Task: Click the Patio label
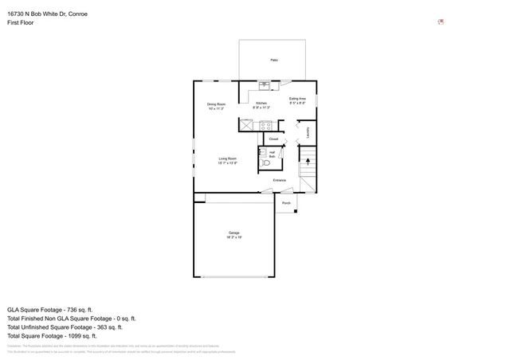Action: (273, 60)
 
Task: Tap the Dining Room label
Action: (216, 104)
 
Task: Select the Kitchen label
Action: (261, 104)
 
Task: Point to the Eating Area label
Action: (297, 99)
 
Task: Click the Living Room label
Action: (228, 158)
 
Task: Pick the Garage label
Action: (233, 233)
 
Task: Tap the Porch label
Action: (286, 203)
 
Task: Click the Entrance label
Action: (279, 180)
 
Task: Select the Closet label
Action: (273, 139)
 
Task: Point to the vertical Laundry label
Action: (308, 133)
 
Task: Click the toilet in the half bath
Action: (266, 162)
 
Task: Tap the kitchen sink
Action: (264, 85)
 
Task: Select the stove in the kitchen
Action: (266, 125)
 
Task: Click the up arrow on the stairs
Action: (308, 161)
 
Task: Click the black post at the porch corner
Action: (296, 211)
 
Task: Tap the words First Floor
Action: (21, 22)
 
